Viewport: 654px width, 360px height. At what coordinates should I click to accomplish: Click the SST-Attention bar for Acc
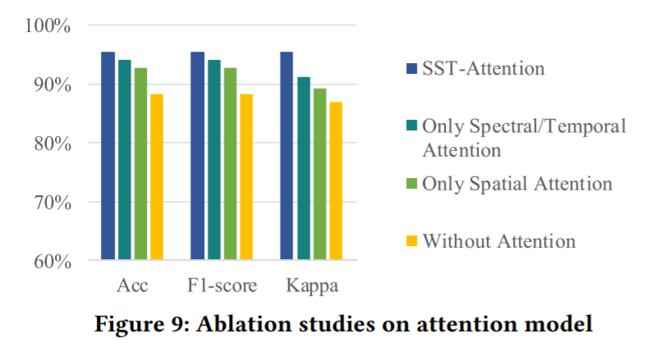pyautogui.click(x=107, y=156)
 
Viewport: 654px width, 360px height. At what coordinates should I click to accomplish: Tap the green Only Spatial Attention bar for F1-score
pyautogui.click(x=230, y=164)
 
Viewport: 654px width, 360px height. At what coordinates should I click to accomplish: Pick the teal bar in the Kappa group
pyautogui.click(x=304, y=168)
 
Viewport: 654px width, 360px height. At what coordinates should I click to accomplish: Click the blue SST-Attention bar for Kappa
pyautogui.click(x=286, y=156)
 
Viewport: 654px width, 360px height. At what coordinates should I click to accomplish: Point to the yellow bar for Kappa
pyautogui.click(x=336, y=180)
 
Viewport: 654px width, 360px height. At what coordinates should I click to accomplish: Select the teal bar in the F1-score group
pyautogui.click(x=213, y=160)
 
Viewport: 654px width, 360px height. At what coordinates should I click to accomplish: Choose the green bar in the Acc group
pyautogui.click(x=140, y=164)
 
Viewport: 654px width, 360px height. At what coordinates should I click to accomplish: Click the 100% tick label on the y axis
pyautogui.click(x=49, y=25)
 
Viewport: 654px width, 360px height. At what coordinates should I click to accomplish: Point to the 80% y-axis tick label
pyautogui.click(x=53, y=144)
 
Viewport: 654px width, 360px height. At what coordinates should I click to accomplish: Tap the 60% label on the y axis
pyautogui.click(x=53, y=262)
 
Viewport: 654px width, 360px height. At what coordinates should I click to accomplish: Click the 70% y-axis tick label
pyautogui.click(x=53, y=203)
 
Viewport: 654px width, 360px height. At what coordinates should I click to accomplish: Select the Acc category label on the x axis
pyautogui.click(x=131, y=286)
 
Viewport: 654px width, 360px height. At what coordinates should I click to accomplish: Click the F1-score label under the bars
pyautogui.click(x=221, y=286)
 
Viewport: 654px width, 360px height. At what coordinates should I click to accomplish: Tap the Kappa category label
pyautogui.click(x=311, y=286)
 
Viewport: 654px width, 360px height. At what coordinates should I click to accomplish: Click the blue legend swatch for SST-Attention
pyautogui.click(x=412, y=67)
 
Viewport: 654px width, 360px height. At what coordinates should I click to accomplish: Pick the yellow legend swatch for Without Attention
pyautogui.click(x=412, y=241)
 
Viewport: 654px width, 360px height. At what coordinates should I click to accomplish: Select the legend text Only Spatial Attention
pyautogui.click(x=517, y=183)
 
